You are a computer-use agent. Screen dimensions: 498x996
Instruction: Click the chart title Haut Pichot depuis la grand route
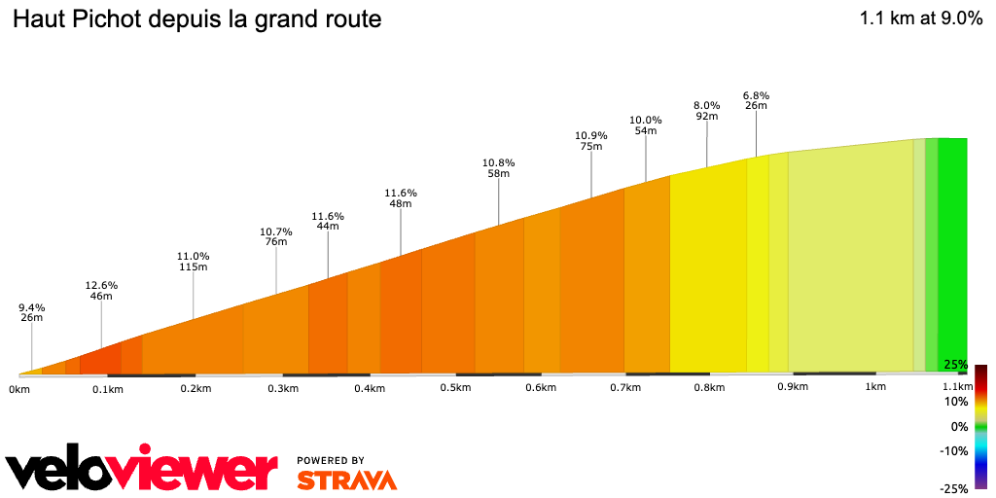point(197,19)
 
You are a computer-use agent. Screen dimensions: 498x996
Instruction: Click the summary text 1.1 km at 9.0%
point(920,19)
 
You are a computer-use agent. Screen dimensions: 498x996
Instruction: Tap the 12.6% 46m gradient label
point(101,291)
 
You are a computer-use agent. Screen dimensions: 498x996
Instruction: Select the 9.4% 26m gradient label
point(32,312)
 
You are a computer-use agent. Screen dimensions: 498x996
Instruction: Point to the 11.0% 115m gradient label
point(193,261)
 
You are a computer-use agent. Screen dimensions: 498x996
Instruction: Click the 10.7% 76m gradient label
point(276,236)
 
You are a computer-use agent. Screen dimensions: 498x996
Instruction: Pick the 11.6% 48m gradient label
point(401,198)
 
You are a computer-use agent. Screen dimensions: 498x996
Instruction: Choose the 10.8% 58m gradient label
point(499,167)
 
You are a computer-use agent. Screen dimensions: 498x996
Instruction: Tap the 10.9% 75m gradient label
point(591,141)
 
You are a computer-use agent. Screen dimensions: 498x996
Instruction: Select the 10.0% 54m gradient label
point(646,124)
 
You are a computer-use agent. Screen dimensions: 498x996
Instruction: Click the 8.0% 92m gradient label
point(706,110)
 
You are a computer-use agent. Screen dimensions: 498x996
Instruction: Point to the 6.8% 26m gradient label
point(756,100)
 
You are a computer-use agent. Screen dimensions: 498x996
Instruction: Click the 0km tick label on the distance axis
point(19,389)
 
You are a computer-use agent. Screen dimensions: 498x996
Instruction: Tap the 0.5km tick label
point(455,388)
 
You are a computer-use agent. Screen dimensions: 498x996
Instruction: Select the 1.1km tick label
point(958,387)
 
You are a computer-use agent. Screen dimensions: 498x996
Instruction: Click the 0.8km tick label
point(709,388)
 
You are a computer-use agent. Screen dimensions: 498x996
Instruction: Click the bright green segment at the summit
point(952,253)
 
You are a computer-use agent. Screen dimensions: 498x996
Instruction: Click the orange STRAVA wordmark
point(346,480)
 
